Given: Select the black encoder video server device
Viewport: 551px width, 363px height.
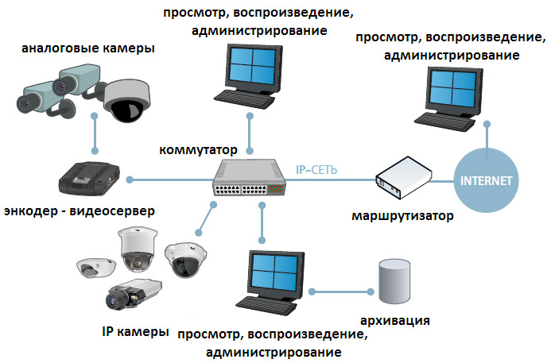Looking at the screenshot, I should coord(90,179).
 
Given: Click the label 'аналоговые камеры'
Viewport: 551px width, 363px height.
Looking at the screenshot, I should coord(88,48).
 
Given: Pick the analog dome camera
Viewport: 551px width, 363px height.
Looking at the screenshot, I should coord(125,99).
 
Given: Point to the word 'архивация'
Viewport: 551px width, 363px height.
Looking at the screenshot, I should coord(396,321).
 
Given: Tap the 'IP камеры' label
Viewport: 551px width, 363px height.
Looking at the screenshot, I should coord(135,330).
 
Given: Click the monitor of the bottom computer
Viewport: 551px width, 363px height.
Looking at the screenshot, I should coord(274,274).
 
